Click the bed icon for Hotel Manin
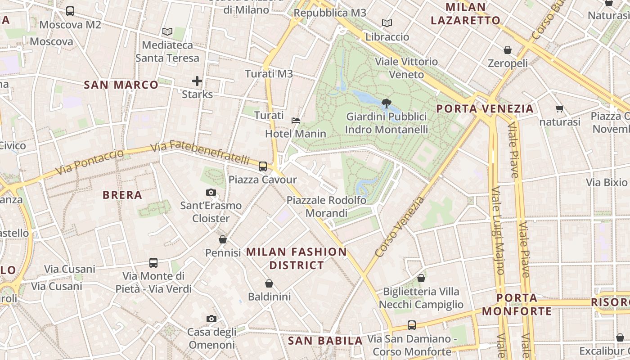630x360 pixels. pos(295,121)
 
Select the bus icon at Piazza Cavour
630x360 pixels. pos(263,166)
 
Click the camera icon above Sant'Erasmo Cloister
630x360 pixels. pos(211,193)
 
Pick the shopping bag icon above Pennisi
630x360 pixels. pos(223,239)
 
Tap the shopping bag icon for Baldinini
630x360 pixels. pos(269,283)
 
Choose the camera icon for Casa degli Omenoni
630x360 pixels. pos(211,319)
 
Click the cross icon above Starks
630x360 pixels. pos(197,81)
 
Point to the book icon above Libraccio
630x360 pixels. pos(387,23)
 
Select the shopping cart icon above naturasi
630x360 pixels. pos(560,108)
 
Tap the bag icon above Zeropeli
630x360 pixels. pos(508,50)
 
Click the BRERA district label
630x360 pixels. pos(122,195)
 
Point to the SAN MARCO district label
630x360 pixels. pos(121,85)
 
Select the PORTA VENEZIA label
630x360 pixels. pos(485,108)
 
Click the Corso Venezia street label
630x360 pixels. pos(400,227)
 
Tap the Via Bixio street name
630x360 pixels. pos(607,182)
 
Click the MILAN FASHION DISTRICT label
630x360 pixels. pos(297,258)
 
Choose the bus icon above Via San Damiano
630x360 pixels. pos(411,325)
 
